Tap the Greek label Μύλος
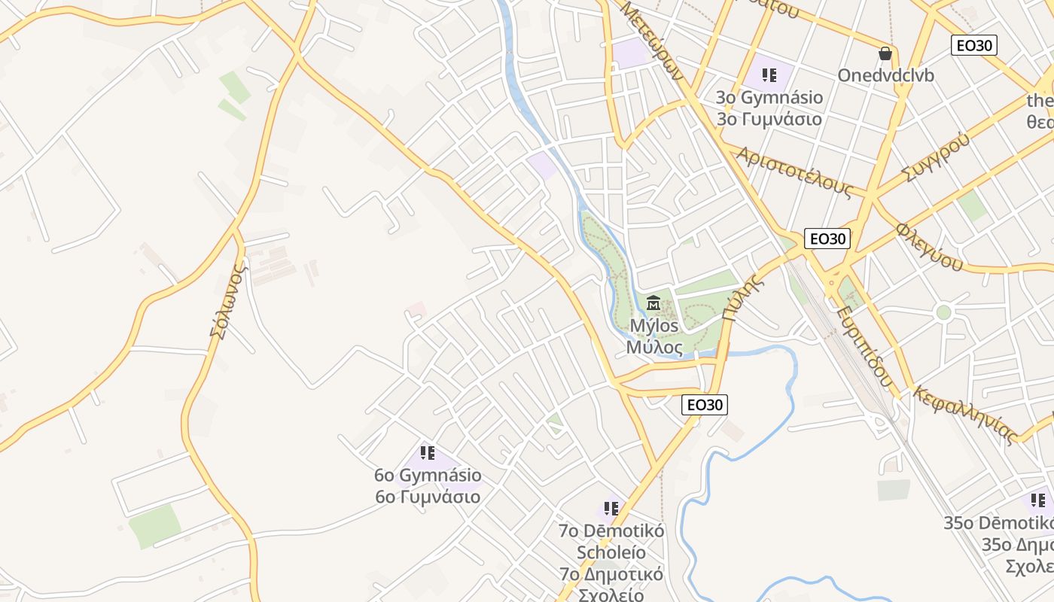[654, 348]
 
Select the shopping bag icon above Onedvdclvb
[885, 53]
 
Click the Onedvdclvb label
[885, 76]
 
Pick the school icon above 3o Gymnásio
[769, 74]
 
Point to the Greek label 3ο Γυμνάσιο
[769, 119]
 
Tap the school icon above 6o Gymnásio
[428, 453]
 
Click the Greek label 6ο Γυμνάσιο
[428, 497]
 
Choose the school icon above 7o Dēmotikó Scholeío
[611, 508]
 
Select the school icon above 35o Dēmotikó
[1038, 500]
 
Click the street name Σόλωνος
[228, 301]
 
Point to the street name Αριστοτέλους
[794, 172]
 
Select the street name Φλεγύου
[929, 247]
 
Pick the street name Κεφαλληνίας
[965, 415]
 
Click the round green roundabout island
[943, 312]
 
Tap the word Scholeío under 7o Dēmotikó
[611, 552]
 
